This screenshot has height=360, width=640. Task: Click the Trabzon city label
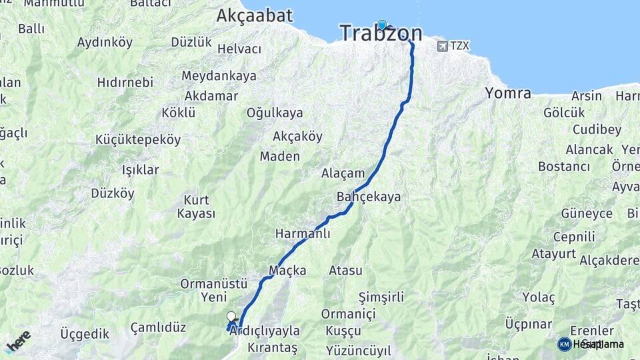click(381, 33)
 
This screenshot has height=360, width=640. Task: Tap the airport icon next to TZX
click(443, 46)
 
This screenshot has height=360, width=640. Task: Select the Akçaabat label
click(255, 16)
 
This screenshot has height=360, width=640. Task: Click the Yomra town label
click(508, 93)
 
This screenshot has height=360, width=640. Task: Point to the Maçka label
click(287, 270)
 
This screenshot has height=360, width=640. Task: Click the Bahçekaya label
click(369, 197)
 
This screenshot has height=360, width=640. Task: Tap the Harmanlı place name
click(303, 234)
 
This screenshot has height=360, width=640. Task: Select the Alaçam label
click(343, 173)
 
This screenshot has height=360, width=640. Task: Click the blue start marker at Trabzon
click(382, 25)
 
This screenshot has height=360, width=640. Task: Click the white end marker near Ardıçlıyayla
click(231, 316)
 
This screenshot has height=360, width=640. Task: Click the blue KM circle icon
click(565, 344)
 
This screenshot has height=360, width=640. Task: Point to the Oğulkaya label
click(275, 113)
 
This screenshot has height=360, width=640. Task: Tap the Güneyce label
click(587, 213)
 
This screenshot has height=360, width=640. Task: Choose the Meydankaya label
click(219, 76)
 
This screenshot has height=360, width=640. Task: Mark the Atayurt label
click(553, 253)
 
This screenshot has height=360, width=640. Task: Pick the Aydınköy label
click(105, 42)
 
